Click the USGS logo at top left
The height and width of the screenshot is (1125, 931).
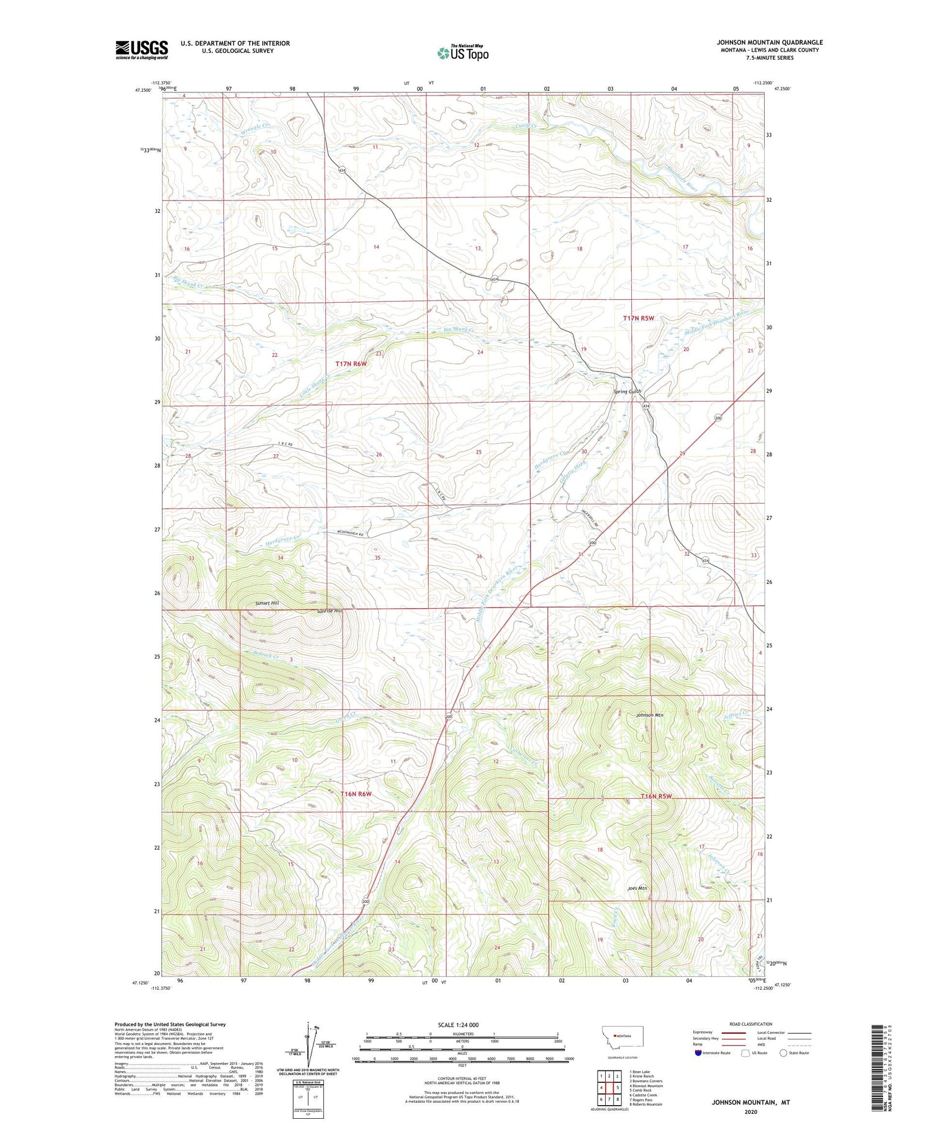(x=142, y=50)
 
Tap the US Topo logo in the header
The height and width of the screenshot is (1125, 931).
(x=463, y=53)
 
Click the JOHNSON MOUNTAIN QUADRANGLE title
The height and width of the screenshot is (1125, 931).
(x=770, y=42)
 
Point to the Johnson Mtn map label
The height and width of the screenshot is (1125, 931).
(x=649, y=715)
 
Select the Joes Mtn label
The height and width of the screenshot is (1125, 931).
(x=637, y=888)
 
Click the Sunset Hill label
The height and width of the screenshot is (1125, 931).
(x=267, y=603)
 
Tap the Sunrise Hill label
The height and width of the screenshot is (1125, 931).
(x=329, y=611)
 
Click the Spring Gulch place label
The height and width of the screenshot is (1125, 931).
(x=627, y=392)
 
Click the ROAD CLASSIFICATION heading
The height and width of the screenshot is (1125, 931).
(x=751, y=1024)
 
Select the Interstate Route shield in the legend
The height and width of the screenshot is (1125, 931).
(x=698, y=1052)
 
